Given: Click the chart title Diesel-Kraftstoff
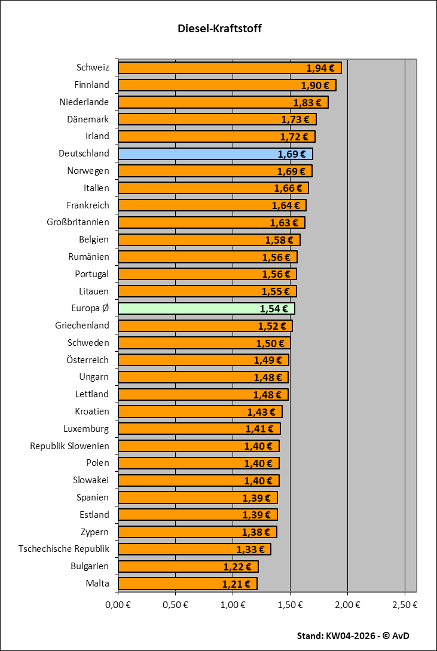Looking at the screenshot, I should tap(219, 28).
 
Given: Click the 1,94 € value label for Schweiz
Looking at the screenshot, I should tap(320, 68).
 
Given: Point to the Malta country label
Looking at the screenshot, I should tap(97, 583).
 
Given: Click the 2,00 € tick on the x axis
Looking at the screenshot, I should tap(347, 604).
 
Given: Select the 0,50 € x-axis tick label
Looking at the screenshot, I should tap(175, 604).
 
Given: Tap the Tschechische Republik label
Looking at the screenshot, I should tap(64, 548).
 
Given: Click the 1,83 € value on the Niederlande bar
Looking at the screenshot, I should tap(307, 103).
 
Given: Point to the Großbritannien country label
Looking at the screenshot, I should tap(78, 222).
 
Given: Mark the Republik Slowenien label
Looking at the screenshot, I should tap(69, 446).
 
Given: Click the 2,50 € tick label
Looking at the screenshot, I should tap(405, 604).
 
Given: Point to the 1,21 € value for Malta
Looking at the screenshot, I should tap(236, 584).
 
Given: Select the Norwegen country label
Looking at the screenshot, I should tap(88, 171).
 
